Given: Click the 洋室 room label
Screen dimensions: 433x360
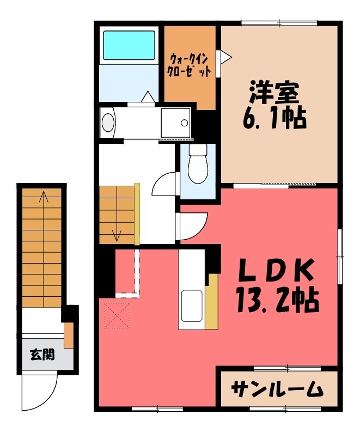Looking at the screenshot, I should [x=274, y=93].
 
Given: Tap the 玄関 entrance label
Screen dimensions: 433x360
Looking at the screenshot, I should [x=42, y=355].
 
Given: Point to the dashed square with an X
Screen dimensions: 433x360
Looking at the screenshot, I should [x=117, y=315].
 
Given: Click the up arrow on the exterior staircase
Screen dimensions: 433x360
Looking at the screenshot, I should [x=44, y=199].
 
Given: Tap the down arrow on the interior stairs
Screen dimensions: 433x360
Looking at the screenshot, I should [x=117, y=234].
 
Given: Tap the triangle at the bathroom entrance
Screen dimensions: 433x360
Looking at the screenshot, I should [x=148, y=96].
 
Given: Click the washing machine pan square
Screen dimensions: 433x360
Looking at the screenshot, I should [x=175, y=121].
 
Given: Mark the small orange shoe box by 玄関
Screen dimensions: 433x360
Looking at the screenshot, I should [x=69, y=335].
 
